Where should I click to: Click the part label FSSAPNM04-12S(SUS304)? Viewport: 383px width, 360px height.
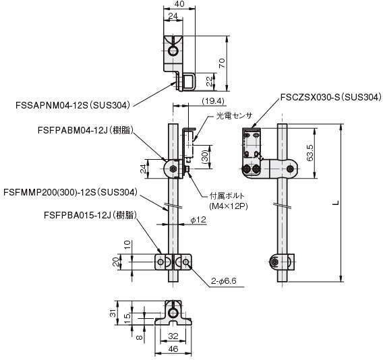(73, 106)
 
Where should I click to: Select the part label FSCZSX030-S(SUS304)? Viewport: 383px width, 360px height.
(330, 98)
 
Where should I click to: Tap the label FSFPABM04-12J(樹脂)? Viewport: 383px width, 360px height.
(86, 130)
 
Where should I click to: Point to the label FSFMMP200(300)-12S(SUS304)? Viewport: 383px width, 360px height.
(71, 192)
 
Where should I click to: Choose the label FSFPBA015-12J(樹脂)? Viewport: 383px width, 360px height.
(90, 216)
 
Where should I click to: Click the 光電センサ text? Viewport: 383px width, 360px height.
(234, 115)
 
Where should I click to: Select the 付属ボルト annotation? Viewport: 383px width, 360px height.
(227, 196)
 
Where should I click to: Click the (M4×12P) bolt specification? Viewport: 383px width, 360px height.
(229, 206)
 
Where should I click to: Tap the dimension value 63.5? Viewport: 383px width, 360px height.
(310, 153)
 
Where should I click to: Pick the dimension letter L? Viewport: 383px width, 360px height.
(336, 202)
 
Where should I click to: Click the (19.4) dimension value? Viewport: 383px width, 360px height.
(213, 101)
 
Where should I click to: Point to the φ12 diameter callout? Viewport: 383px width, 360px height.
(198, 220)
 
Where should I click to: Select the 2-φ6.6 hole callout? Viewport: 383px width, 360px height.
(224, 281)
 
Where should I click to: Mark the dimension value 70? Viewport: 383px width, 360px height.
(222, 63)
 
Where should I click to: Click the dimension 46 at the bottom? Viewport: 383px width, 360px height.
(173, 349)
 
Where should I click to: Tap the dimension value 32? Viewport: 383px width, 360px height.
(173, 336)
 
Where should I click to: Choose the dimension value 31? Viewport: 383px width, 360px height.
(113, 313)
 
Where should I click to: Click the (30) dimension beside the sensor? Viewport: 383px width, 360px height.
(205, 156)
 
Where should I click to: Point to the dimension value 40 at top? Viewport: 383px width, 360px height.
(179, 3)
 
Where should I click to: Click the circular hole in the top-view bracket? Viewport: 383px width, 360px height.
(173, 51)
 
